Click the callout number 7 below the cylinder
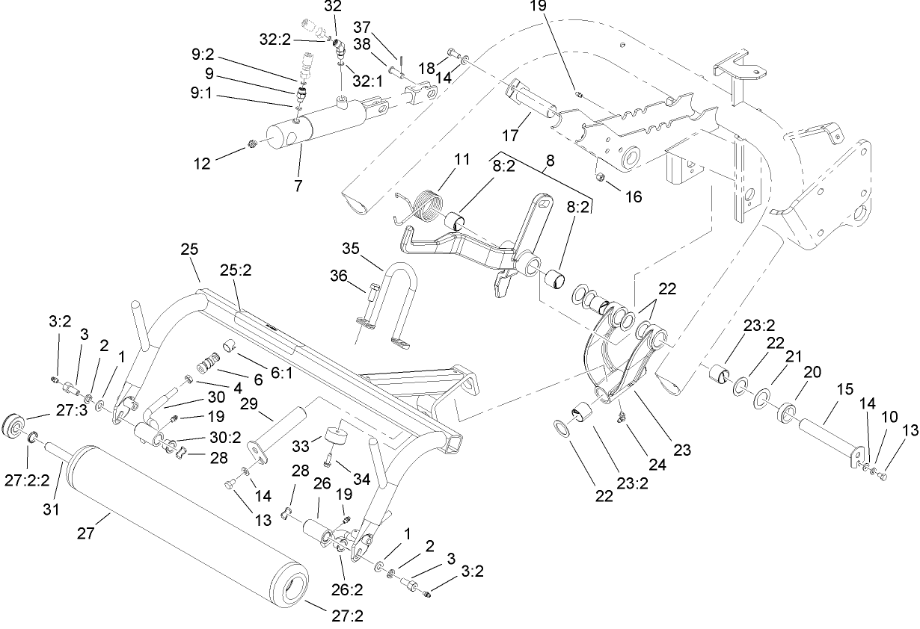tap(298, 186)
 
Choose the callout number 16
tap(634, 197)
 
